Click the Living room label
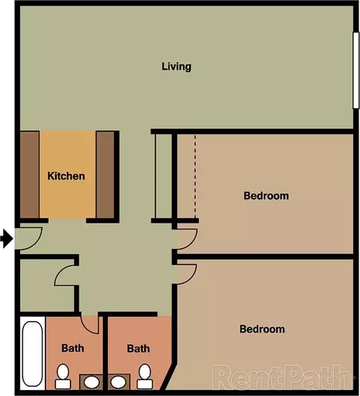[176, 67]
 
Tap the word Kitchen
[66, 176]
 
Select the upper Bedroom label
[266, 196]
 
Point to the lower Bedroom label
[262, 329]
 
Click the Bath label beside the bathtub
[73, 348]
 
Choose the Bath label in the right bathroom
[139, 349]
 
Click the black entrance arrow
[7, 238]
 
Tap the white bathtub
[32, 353]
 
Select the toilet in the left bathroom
[63, 376]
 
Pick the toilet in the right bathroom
[145, 376]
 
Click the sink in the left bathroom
[91, 382]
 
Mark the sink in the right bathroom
[118, 382]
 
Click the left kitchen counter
[29, 174]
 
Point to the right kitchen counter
[105, 174]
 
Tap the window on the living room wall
[356, 70]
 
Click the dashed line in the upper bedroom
[195, 176]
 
